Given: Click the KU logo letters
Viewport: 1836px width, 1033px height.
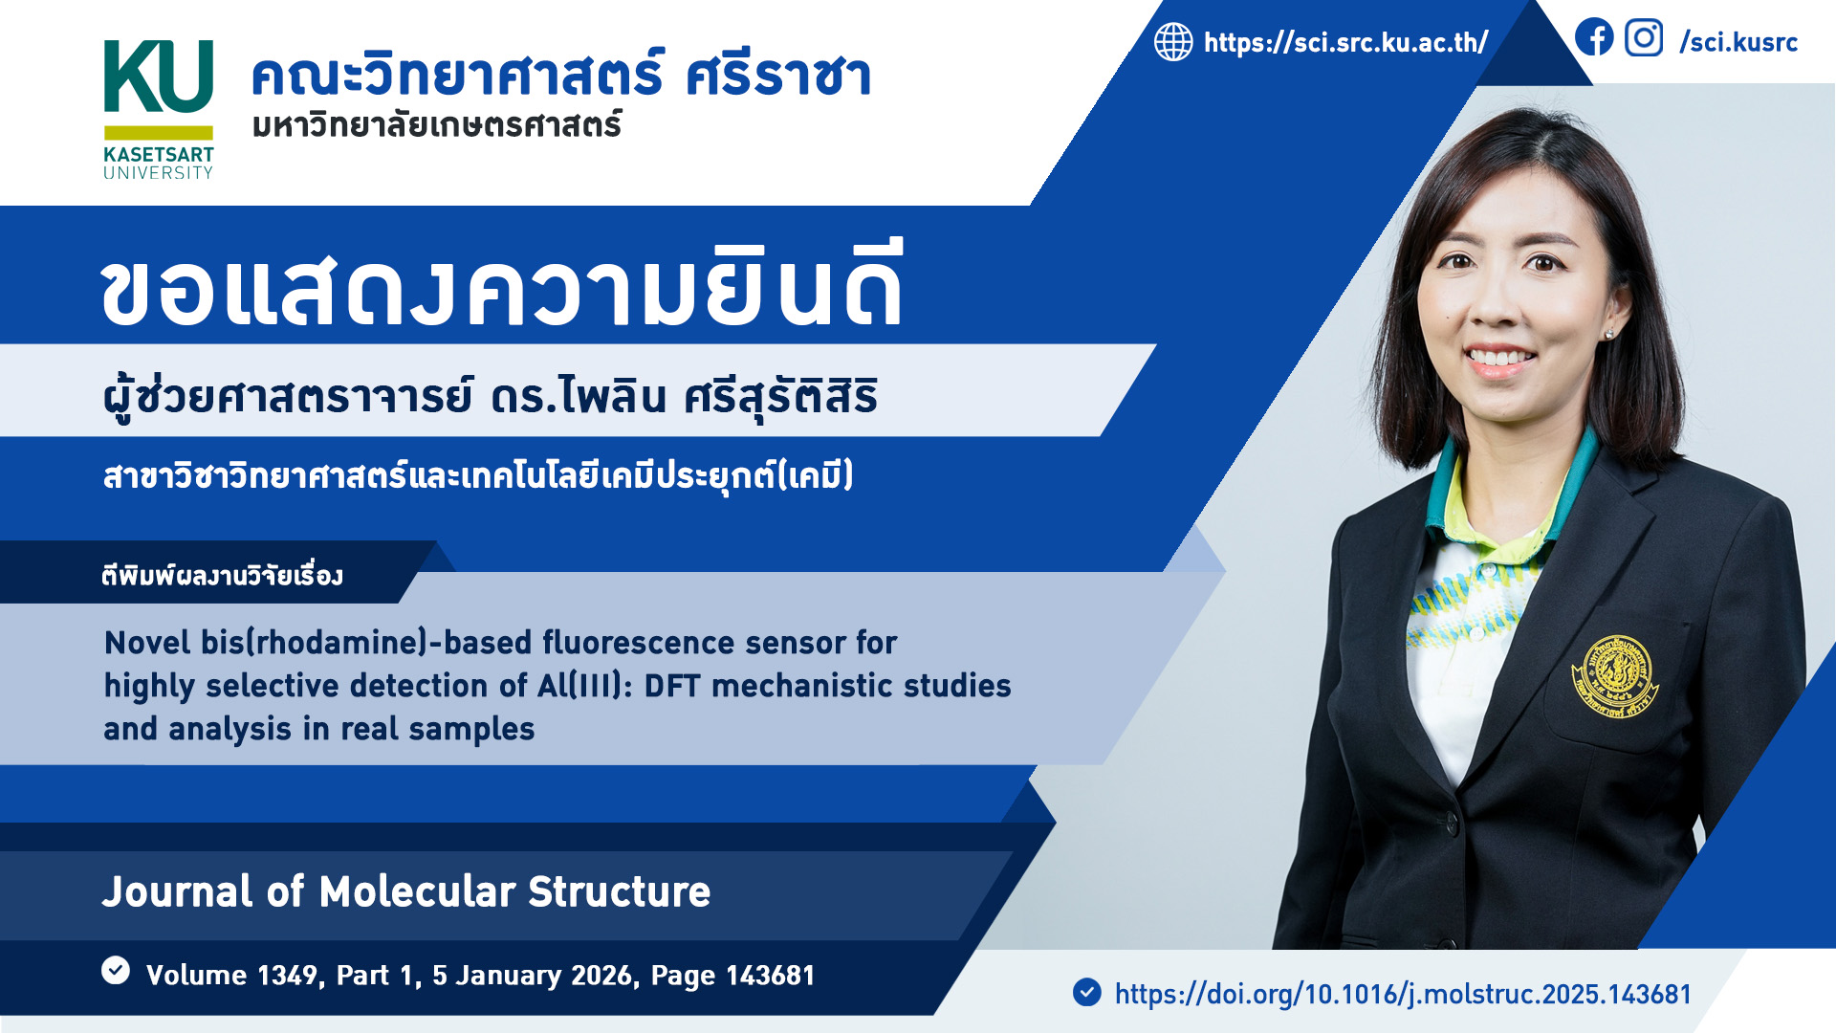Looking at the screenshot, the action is click(x=158, y=77).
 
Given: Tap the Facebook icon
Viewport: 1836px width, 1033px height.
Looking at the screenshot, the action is click(x=1594, y=38).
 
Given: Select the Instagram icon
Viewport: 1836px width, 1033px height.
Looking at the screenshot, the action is click(x=1644, y=38).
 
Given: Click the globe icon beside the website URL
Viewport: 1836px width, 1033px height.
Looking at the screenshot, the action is click(x=1173, y=42).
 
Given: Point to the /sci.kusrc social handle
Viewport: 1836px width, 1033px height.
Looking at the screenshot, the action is click(x=1738, y=42).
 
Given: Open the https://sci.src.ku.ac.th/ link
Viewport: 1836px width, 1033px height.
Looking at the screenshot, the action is click(x=1345, y=42).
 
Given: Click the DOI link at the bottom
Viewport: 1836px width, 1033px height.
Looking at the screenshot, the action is click(x=1403, y=994).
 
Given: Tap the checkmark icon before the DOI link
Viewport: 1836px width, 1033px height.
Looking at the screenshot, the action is click(x=1087, y=992).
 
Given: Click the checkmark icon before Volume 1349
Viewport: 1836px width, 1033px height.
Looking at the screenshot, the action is click(x=116, y=970).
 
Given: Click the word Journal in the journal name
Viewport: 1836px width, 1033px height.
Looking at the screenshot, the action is click(x=178, y=891).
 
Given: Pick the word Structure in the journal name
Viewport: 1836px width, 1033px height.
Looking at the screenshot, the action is click(x=619, y=891).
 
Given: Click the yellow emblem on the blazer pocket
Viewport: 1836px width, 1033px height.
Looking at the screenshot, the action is click(x=1615, y=676).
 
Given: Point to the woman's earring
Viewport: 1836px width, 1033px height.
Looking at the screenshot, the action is click(x=1609, y=333).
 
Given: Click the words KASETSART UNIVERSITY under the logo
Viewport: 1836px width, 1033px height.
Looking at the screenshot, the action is click(x=159, y=163).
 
